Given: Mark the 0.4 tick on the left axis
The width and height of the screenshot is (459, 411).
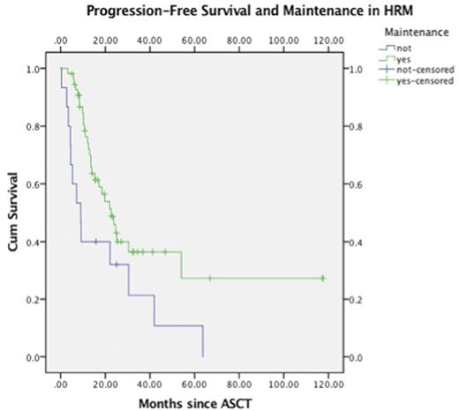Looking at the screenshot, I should point(34,243).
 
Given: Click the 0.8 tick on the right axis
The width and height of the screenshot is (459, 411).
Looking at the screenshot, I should point(357,127).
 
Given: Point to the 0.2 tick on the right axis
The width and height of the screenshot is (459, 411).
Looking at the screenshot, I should point(357,300).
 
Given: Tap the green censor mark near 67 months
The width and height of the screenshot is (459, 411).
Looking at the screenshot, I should point(210,279).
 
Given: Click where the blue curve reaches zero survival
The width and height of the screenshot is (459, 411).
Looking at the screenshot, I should point(203,356).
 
